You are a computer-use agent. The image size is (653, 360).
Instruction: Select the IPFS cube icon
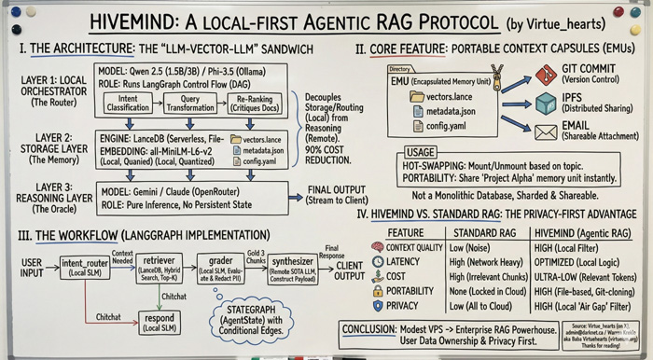pyautogui.click(x=547, y=104)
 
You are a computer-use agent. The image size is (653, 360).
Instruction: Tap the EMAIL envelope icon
pyautogui.click(x=547, y=132)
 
